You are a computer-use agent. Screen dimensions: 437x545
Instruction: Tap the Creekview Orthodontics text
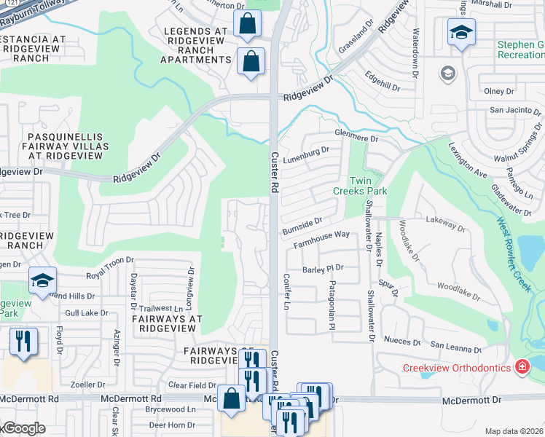click(457, 368)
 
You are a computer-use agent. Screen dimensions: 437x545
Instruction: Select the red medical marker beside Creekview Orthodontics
click(522, 367)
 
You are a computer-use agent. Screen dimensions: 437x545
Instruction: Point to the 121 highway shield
click(6, 3)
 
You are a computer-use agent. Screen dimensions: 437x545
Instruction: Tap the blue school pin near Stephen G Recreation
click(460, 34)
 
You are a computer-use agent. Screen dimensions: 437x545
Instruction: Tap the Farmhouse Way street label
click(321, 239)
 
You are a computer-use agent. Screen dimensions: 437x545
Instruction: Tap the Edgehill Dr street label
click(383, 81)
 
